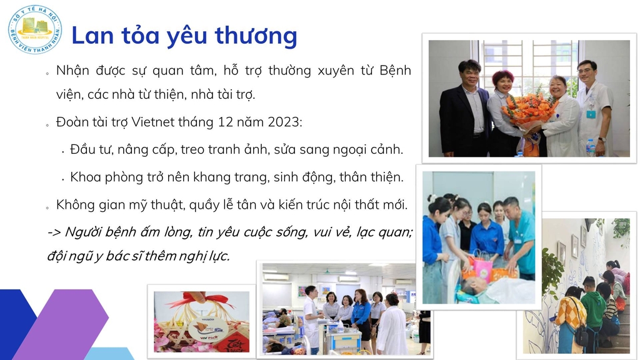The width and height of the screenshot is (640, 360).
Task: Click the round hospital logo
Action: click(35, 29)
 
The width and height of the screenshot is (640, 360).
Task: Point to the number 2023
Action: click(283, 122)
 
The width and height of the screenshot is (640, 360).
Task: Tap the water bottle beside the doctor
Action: click(590, 147)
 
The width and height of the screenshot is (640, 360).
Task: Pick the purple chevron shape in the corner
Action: click(61, 324)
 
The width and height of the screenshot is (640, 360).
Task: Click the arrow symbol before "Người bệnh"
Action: click(54, 232)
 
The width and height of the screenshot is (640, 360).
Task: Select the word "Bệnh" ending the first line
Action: click(395, 71)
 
